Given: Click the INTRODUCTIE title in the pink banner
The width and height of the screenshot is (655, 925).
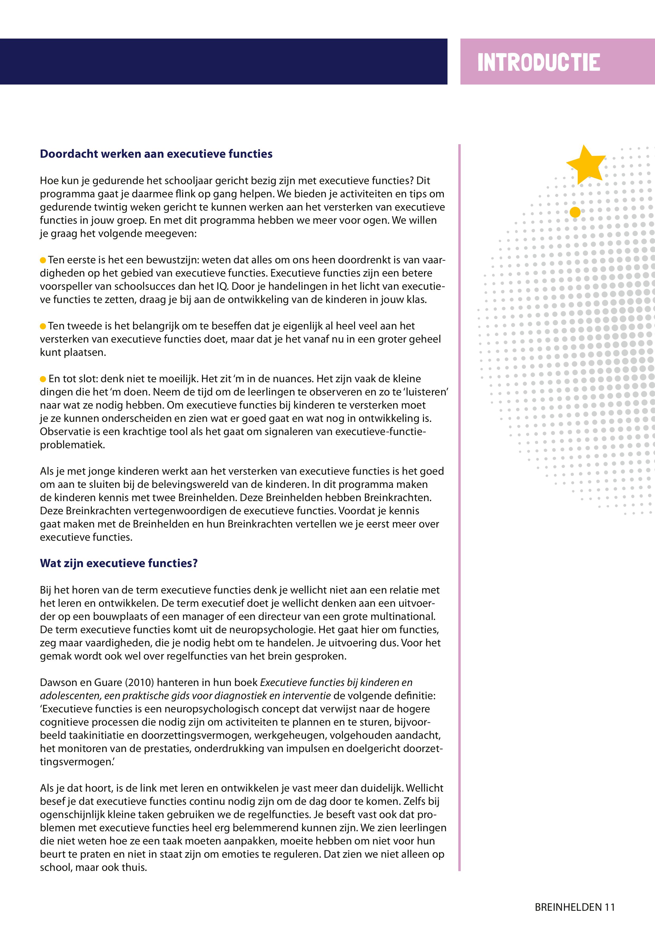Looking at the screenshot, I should coord(538,63).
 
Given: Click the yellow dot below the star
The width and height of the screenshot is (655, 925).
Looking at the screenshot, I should coord(575,212).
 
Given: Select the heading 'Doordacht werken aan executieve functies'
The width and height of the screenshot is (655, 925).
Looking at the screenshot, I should coord(156,154).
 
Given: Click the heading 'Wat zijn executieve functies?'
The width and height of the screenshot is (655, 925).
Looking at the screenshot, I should coord(119,563).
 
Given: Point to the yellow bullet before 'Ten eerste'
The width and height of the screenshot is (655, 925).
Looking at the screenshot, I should coord(43,260).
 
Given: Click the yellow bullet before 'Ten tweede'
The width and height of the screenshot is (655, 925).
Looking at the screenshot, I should coord(43,326).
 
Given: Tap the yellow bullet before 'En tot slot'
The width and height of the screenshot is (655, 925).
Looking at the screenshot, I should coord(43,379).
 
